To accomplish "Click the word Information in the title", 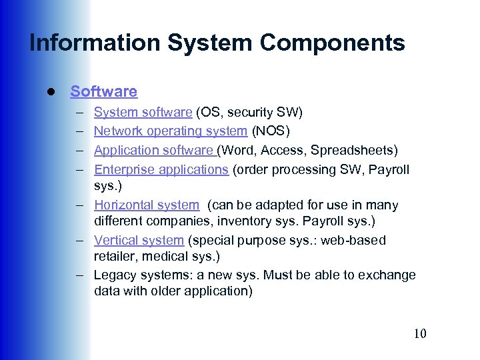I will point(95,43).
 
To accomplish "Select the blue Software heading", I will point(103,91).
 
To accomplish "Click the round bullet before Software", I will point(50,91).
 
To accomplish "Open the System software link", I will point(143,112).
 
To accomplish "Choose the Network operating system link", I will point(170,131).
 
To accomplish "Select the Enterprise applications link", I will point(161,169).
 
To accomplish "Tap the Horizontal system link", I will point(146,205).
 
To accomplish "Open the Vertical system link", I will point(139,240).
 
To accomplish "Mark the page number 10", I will point(419,333).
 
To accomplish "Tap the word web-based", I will point(354,240).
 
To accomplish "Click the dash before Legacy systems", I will point(79,275).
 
